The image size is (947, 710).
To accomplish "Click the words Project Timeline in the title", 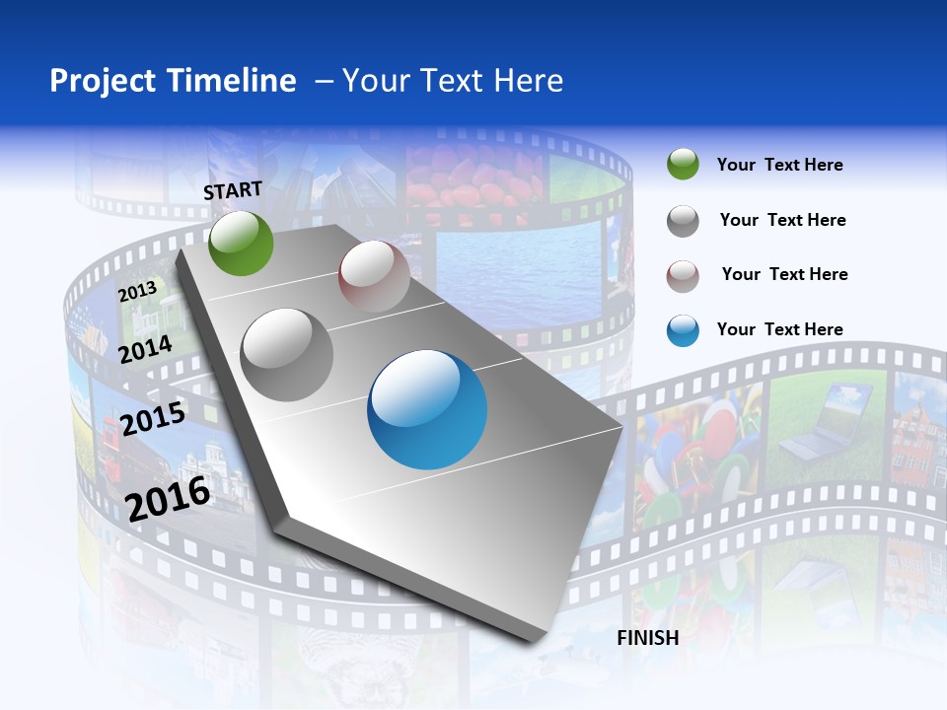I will (x=173, y=81).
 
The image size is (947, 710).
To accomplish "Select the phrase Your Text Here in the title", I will (x=453, y=81).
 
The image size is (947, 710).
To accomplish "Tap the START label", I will (x=233, y=190).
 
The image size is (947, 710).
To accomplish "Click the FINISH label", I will (x=647, y=638).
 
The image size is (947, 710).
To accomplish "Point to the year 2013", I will (x=137, y=292).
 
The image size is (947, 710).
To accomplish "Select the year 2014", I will (x=145, y=349).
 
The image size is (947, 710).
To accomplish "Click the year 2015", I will (x=152, y=418).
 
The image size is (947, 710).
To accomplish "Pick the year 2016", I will (x=168, y=498).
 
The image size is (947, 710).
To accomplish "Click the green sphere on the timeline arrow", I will (x=241, y=243).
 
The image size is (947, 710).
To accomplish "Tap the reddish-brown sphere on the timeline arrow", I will (x=374, y=276).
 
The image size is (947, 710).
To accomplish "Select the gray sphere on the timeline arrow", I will (x=287, y=354).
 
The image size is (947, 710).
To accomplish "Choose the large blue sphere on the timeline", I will (x=427, y=409).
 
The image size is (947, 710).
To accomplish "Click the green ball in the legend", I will (x=683, y=165).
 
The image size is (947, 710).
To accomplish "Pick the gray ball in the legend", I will (x=683, y=221).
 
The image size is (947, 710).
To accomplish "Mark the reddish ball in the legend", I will (x=683, y=276).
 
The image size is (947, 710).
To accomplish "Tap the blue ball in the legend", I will (x=683, y=330).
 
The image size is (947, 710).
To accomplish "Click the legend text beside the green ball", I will (x=779, y=165).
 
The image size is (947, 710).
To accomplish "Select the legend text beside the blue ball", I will (x=779, y=329).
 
